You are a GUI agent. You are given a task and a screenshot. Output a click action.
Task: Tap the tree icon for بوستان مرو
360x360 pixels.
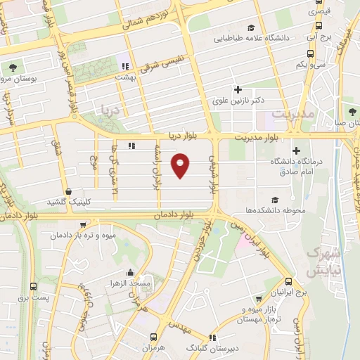click(x=14, y=68)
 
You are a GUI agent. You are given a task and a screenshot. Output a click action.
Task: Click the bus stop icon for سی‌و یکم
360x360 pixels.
click(x=310, y=53)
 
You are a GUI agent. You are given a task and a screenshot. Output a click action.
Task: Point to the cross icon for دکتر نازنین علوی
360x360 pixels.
click(x=238, y=89)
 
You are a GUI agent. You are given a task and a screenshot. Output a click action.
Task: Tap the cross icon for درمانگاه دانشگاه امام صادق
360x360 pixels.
click(x=297, y=150)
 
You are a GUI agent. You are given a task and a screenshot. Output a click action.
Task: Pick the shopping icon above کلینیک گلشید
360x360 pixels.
click(x=68, y=191)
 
